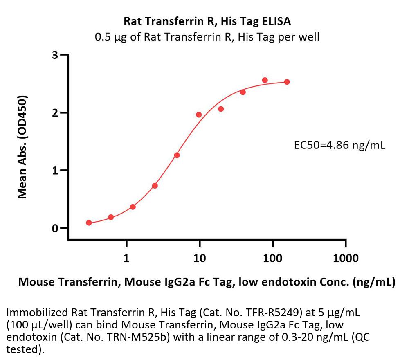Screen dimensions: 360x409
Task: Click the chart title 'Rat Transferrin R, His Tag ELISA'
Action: click(x=207, y=21)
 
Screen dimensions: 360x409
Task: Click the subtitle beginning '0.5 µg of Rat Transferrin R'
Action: click(x=207, y=37)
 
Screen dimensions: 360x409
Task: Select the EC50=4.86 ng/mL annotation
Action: click(x=339, y=145)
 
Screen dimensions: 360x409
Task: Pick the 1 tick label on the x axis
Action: click(x=126, y=258)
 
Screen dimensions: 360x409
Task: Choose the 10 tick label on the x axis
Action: click(x=200, y=258)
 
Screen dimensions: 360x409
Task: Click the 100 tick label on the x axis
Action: click(x=273, y=258)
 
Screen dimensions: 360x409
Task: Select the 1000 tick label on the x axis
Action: click(x=346, y=258)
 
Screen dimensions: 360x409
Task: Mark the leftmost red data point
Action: click(x=89, y=223)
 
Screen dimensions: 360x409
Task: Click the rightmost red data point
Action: click(x=287, y=82)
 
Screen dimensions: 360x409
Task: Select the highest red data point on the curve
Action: click(x=265, y=80)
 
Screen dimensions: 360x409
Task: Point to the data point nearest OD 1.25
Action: click(x=177, y=155)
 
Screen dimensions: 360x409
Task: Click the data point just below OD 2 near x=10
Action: click(x=199, y=115)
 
